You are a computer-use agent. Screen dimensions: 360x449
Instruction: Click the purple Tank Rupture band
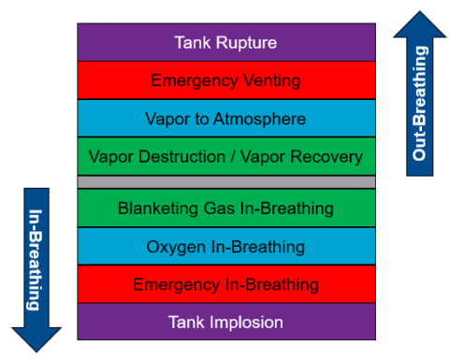tap(225, 42)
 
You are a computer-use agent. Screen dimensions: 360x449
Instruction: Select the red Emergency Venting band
tap(225, 80)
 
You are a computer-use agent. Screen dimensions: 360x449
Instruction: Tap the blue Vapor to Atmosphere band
tap(225, 119)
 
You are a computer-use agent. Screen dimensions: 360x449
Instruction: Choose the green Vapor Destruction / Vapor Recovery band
tap(225, 156)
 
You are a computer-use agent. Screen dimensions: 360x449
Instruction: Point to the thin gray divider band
tap(225, 181)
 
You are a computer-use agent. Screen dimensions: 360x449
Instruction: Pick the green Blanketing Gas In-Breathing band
tap(225, 208)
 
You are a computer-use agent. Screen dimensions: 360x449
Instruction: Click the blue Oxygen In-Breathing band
tap(225, 246)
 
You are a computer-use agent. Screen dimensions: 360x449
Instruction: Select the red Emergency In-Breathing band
tap(225, 284)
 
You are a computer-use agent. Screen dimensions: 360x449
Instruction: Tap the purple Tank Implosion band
tap(225, 323)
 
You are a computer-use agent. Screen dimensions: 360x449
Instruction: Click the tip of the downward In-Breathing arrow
tap(36, 351)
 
